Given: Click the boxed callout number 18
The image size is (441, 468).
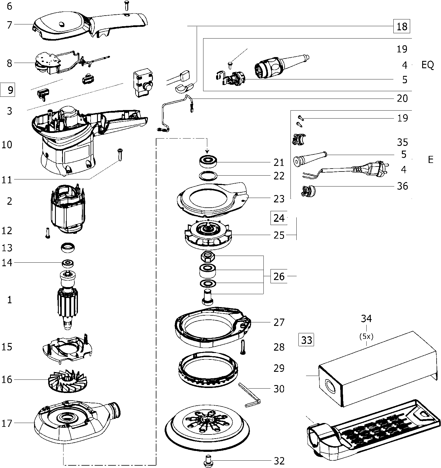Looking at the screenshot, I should coord(402,26).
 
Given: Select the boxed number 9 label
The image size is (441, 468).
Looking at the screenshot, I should coord(8,90).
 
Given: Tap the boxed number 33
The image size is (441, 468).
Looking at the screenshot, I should coord(306,340).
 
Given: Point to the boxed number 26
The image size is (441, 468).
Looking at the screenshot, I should coord(279,277).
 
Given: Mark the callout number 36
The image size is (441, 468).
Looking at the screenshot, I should coord(402,186).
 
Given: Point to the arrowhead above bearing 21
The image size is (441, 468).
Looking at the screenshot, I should coord(207,152).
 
